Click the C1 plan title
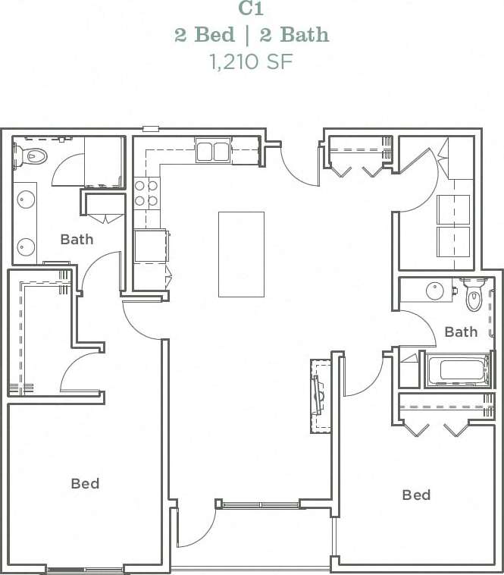click(251, 8)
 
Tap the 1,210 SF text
click(251, 61)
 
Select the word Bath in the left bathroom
click(77, 240)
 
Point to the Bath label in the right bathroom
click(461, 331)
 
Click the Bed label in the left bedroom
click(85, 483)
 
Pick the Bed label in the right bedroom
click(416, 495)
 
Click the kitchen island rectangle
click(241, 254)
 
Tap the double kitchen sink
click(212, 152)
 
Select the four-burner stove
click(146, 193)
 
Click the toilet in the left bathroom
click(32, 156)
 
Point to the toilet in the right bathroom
click(474, 296)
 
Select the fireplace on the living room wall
click(320, 394)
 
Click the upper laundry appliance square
click(453, 209)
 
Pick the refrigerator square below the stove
click(150, 246)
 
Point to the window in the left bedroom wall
click(84, 569)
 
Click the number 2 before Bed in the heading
click(180, 35)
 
